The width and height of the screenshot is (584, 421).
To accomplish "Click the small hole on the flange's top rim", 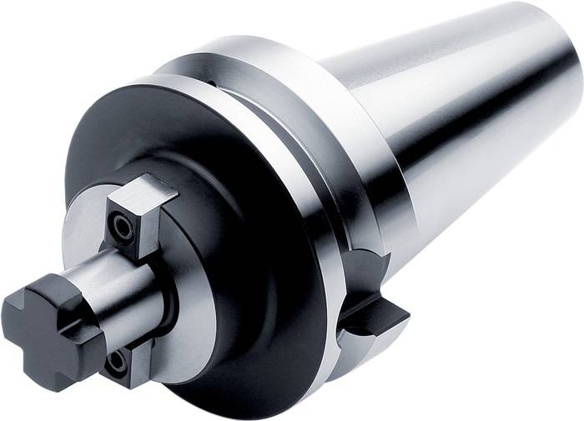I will click(x=214, y=82).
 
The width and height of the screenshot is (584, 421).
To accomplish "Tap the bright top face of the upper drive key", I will click(x=147, y=189).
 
